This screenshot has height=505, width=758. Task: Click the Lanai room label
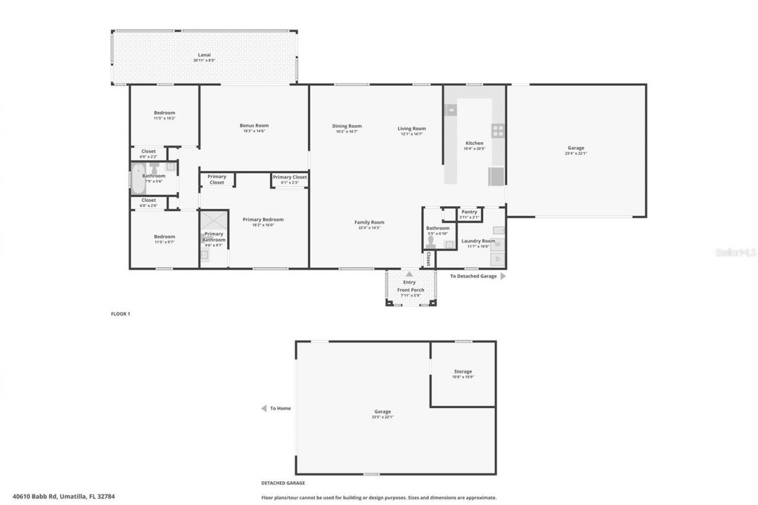(x=204, y=55)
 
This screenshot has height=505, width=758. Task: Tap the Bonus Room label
(x=254, y=126)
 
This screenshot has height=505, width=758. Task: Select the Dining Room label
(x=346, y=126)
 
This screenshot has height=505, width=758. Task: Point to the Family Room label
(x=369, y=223)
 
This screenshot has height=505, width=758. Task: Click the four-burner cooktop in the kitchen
(x=498, y=130)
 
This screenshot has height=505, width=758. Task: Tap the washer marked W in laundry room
(x=497, y=244)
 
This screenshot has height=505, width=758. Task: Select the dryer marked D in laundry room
(x=497, y=259)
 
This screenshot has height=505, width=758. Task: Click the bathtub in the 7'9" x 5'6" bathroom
(x=138, y=179)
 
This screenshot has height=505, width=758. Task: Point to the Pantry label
(x=469, y=212)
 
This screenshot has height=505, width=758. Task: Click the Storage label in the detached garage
(x=463, y=372)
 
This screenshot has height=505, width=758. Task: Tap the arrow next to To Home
(x=264, y=408)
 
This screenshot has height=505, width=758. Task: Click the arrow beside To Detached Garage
(x=503, y=276)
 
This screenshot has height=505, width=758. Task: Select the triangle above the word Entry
(x=409, y=274)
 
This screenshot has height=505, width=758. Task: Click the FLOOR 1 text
(x=120, y=314)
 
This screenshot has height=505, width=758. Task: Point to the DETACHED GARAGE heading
(x=283, y=483)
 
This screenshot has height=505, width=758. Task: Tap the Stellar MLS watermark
(x=735, y=252)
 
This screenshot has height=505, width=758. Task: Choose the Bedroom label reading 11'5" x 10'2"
(x=164, y=113)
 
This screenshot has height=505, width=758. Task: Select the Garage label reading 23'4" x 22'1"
(x=576, y=148)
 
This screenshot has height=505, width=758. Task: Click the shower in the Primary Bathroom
(x=213, y=220)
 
